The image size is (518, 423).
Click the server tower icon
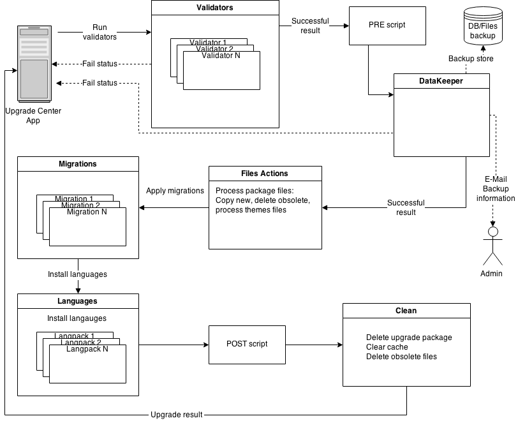click(x=34, y=63)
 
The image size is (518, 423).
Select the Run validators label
click(x=100, y=33)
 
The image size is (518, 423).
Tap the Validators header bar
click(x=215, y=8)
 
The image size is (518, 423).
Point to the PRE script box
click(x=387, y=26)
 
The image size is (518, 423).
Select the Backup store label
click(x=471, y=59)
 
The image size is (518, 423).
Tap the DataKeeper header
click(x=441, y=81)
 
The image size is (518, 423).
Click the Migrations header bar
click(x=78, y=164)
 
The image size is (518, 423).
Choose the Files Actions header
click(x=265, y=174)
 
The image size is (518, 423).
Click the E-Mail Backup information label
click(x=496, y=189)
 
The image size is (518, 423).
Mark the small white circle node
click(x=492, y=232)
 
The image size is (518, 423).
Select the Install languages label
click(x=77, y=275)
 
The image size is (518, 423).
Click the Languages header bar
click(x=78, y=301)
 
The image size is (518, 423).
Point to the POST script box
click(x=247, y=345)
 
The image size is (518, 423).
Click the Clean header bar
click(x=406, y=311)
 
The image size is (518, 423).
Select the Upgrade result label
click(x=176, y=415)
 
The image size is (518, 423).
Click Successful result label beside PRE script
click(x=310, y=26)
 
